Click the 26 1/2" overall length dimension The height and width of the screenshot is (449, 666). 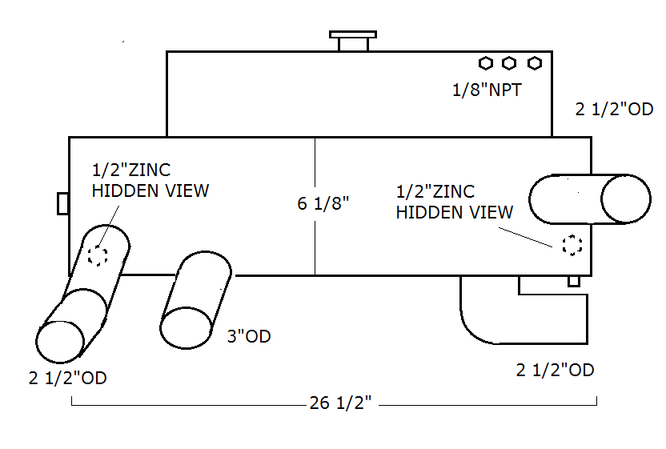(340, 403)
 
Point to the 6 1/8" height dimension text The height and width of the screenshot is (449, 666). (323, 203)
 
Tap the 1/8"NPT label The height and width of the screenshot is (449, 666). (487, 90)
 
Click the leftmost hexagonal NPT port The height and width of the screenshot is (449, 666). (485, 63)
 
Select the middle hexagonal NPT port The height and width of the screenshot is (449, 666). (509, 63)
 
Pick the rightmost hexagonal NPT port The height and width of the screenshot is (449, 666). (535, 63)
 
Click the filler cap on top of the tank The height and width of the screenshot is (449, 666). (353, 41)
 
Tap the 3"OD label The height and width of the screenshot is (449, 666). (249, 336)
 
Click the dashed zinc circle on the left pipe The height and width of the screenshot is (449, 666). (98, 256)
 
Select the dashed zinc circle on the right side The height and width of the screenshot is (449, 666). (572, 245)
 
